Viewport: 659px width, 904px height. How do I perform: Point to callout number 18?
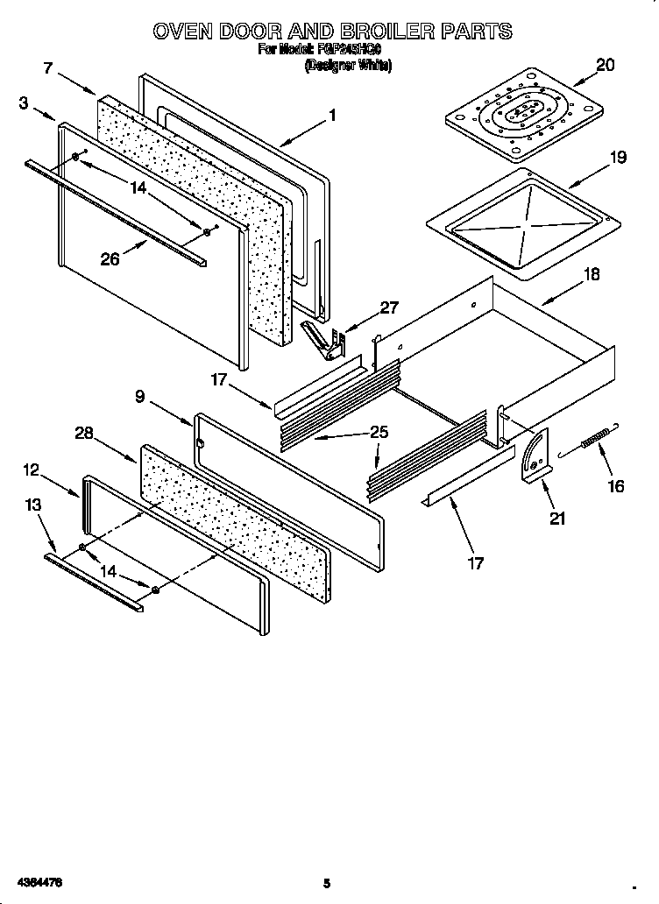pos(592,274)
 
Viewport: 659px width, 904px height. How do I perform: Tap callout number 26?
pos(109,259)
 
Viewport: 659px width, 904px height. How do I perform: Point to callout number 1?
pos(332,113)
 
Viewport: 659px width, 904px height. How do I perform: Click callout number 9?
pos(140,396)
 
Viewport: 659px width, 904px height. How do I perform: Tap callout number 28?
pos(84,434)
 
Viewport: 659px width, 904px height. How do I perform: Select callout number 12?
pos(32,470)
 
